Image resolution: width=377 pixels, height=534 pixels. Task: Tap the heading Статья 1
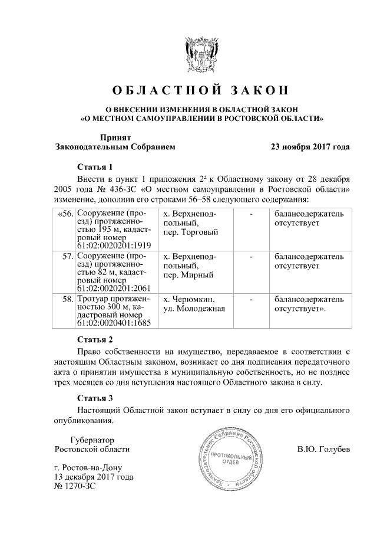(x=95, y=166)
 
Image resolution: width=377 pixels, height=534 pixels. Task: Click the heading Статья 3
(x=95, y=398)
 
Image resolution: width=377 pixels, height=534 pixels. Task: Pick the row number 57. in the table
(x=67, y=257)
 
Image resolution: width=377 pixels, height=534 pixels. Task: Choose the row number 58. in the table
(x=67, y=300)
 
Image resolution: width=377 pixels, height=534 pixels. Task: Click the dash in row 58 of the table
(x=252, y=300)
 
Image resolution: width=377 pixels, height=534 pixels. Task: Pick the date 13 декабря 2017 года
(x=93, y=477)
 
